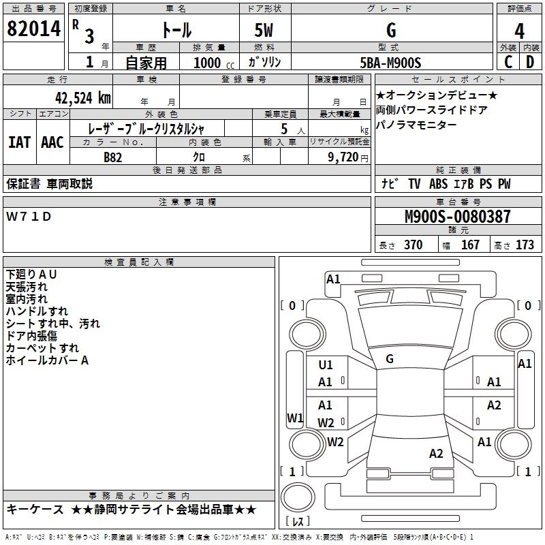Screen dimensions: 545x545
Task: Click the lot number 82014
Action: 33,30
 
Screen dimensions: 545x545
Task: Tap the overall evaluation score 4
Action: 519,31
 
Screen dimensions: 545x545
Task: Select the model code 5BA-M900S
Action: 390,63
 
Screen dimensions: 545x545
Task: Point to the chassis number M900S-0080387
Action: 457,217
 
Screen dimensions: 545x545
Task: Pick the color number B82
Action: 114,156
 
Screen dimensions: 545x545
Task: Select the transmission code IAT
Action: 19,142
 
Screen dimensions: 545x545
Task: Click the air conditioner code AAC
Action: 52,142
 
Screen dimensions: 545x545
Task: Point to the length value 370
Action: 413,245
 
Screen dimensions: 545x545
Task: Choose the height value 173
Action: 525,245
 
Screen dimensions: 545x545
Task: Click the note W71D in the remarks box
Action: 29,217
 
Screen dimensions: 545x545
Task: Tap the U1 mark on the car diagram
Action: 326,365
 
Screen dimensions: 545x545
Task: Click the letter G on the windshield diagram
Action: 390,358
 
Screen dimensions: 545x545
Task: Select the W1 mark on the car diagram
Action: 294,418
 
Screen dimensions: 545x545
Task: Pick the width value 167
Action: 470,245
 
